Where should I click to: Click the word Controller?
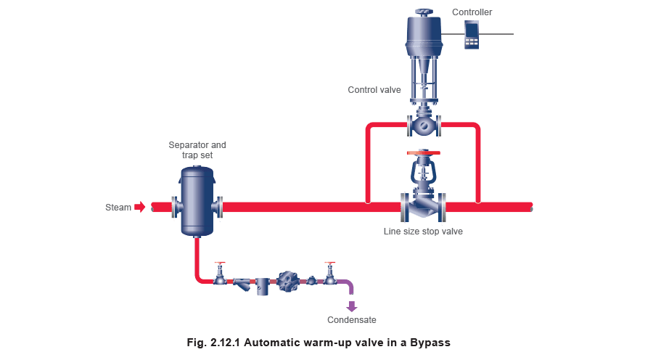pyautogui.click(x=472, y=12)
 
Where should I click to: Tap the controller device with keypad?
pyautogui.click(x=472, y=35)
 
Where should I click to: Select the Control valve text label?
pyautogui.click(x=374, y=90)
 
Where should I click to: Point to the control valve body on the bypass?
pyautogui.click(x=424, y=125)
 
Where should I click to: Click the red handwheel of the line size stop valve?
pyautogui.click(x=424, y=153)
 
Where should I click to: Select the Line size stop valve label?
pyautogui.click(x=423, y=232)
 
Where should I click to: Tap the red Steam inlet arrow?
pyautogui.click(x=140, y=207)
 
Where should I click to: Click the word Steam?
pyautogui.click(x=118, y=208)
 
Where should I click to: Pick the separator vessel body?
pyautogui.click(x=197, y=201)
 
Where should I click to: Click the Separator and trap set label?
pyautogui.click(x=197, y=150)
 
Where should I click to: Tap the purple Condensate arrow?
pyautogui.click(x=352, y=306)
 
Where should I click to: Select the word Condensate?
pyautogui.click(x=352, y=320)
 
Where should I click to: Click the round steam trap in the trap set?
pyautogui.click(x=288, y=282)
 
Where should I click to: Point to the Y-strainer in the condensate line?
pyautogui.click(x=242, y=284)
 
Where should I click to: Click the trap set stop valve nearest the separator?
pyautogui.click(x=220, y=274)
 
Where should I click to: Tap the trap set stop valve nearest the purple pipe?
pyautogui.click(x=330, y=274)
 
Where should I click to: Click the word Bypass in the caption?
pyautogui.click(x=430, y=343)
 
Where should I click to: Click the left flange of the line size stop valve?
pyautogui.click(x=404, y=207)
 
